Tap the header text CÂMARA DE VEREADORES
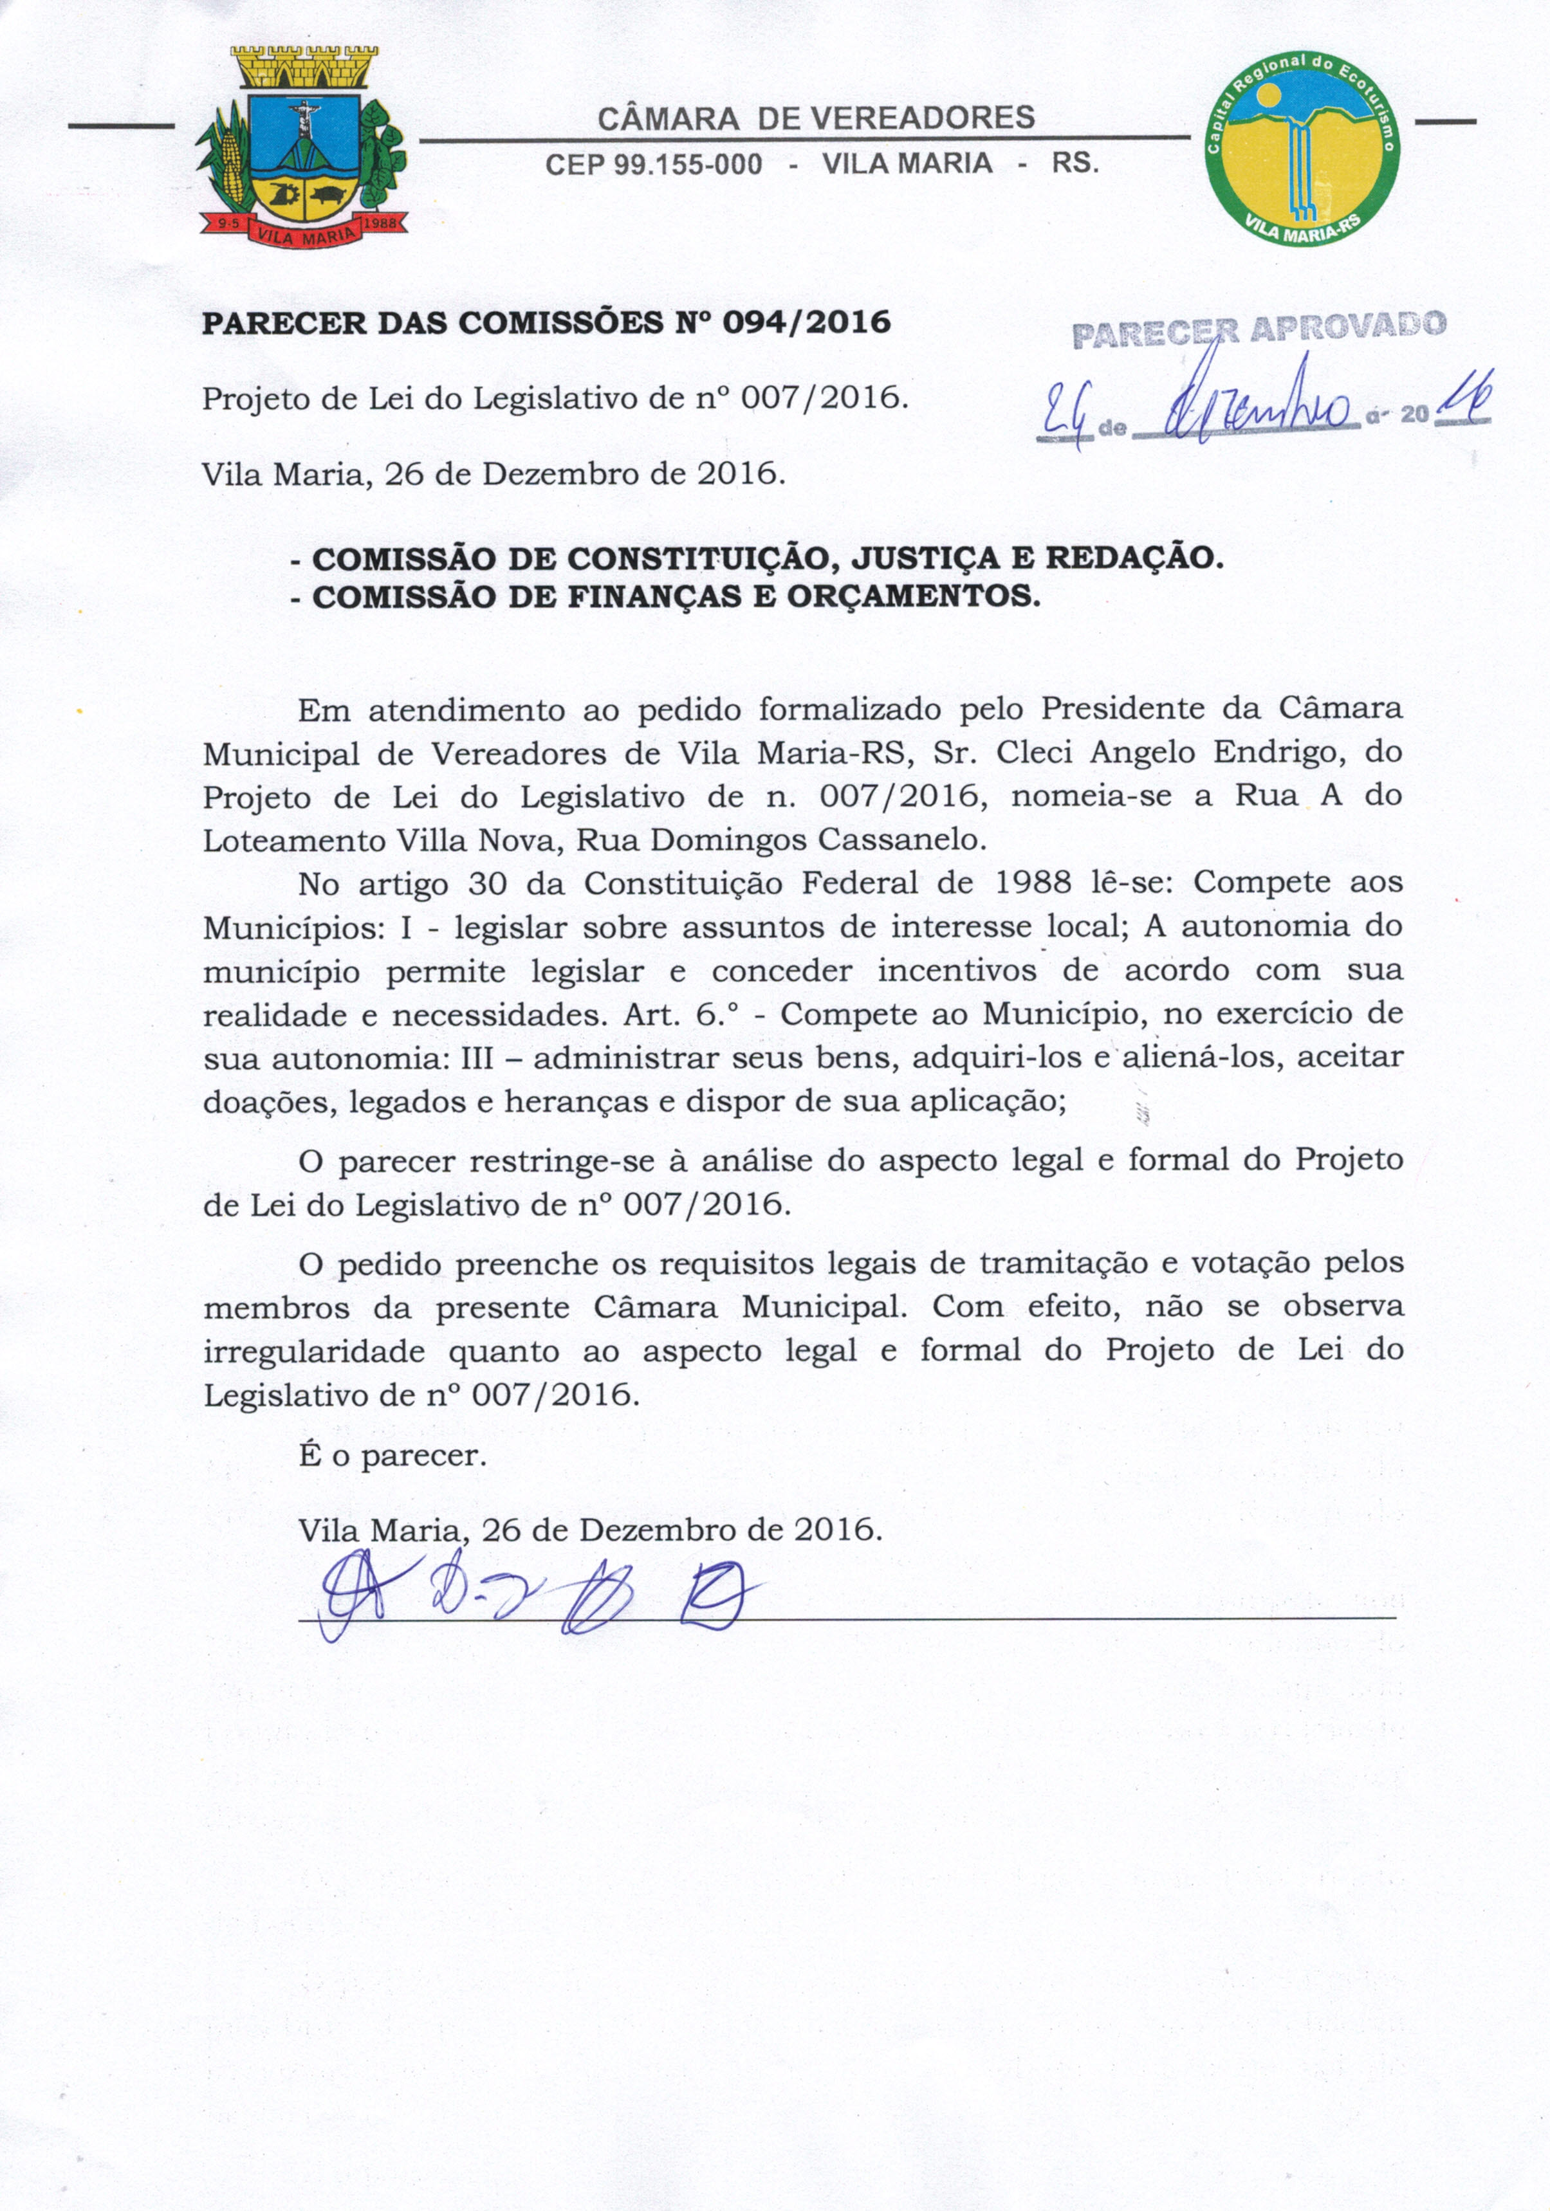[816, 118]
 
